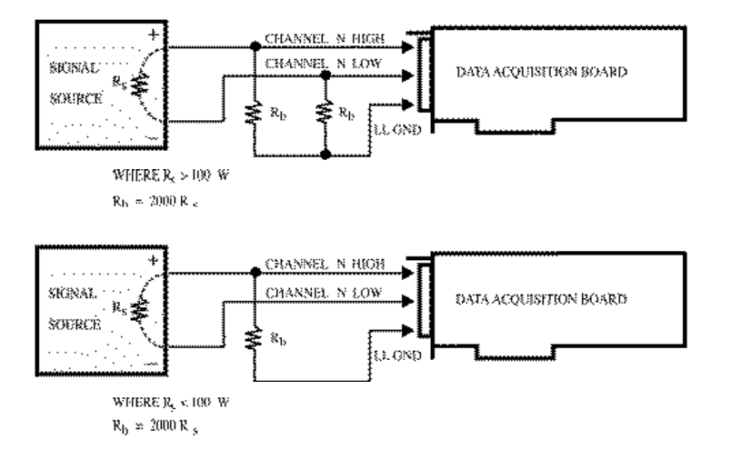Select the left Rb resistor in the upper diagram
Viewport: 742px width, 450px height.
tap(253, 113)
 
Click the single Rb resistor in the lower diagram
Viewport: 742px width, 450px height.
tap(253, 337)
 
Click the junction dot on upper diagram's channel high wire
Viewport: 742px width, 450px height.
tap(253, 45)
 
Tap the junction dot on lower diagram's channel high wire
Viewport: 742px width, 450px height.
tap(253, 270)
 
